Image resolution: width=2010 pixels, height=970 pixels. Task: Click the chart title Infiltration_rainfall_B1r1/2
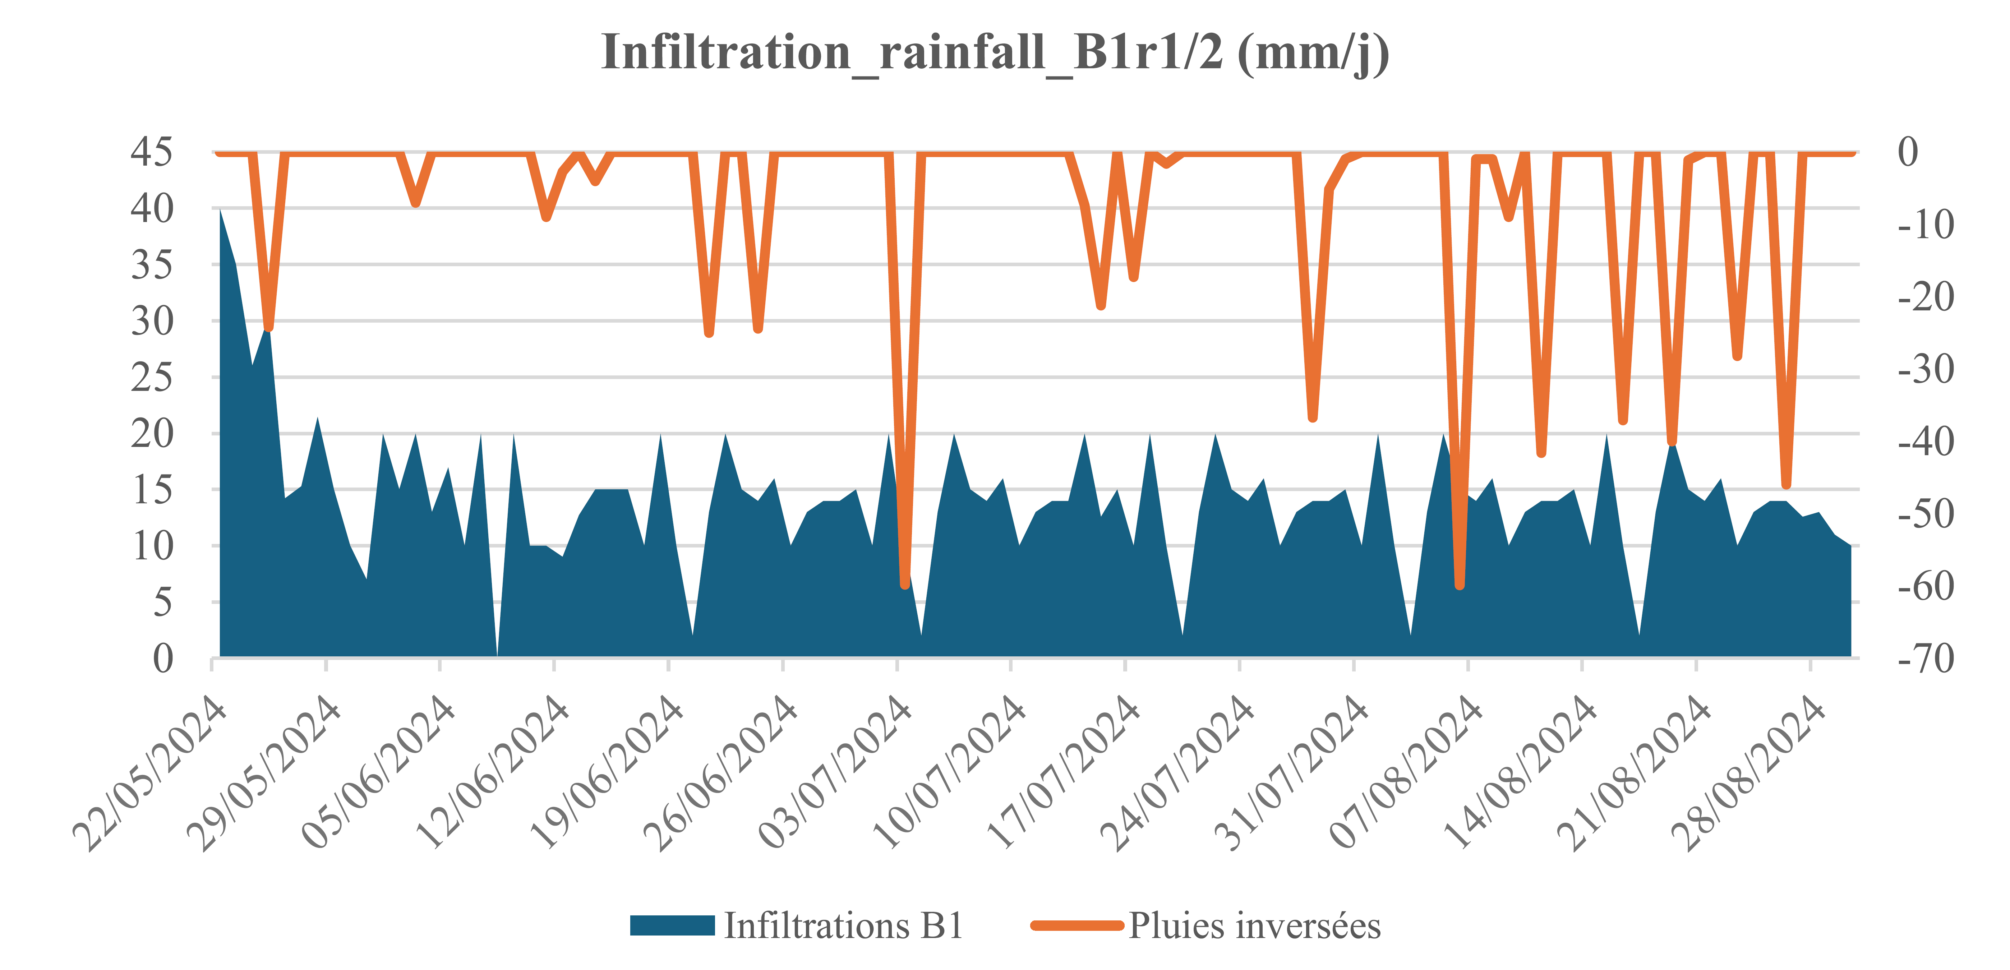[x=995, y=53]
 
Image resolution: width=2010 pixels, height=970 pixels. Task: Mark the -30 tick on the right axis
[x=1926, y=368]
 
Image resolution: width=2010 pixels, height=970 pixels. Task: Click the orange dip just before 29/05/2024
[x=268, y=328]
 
